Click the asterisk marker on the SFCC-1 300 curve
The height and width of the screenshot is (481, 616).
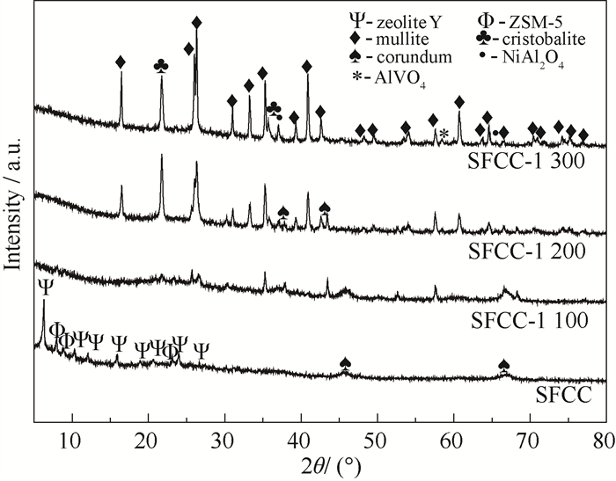click(444, 133)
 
